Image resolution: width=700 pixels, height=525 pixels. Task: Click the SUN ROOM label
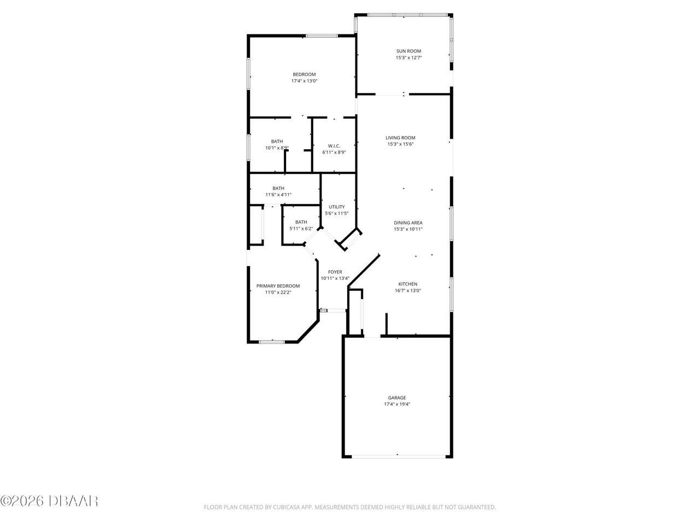point(409,51)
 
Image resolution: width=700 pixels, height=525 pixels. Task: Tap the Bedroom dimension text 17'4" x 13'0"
point(304,81)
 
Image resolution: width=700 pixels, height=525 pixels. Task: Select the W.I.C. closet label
point(334,146)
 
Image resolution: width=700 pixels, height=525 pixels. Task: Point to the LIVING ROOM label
point(400,138)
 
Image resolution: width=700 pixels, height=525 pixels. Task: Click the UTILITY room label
point(337,207)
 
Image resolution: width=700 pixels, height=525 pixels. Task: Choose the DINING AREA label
point(408,223)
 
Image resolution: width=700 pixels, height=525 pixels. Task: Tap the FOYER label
point(335,272)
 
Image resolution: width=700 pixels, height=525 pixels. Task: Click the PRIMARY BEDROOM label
point(278,286)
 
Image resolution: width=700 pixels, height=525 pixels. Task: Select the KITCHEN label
point(407,284)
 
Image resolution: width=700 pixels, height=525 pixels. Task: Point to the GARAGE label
point(396,398)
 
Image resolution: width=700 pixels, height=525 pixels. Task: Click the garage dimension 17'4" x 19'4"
point(396,404)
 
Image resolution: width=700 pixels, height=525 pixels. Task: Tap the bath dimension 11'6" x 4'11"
point(278,195)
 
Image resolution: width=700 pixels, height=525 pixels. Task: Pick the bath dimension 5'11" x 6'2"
point(301,229)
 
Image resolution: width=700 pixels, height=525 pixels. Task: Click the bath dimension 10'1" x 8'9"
point(277,148)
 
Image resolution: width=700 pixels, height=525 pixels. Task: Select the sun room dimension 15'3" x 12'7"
point(409,58)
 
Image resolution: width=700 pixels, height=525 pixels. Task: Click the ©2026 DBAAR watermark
point(49,510)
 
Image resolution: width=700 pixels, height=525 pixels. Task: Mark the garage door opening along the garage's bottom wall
point(399,457)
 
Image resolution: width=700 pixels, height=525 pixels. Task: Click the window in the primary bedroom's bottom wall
point(271,342)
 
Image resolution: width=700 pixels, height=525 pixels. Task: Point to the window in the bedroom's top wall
point(322,36)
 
